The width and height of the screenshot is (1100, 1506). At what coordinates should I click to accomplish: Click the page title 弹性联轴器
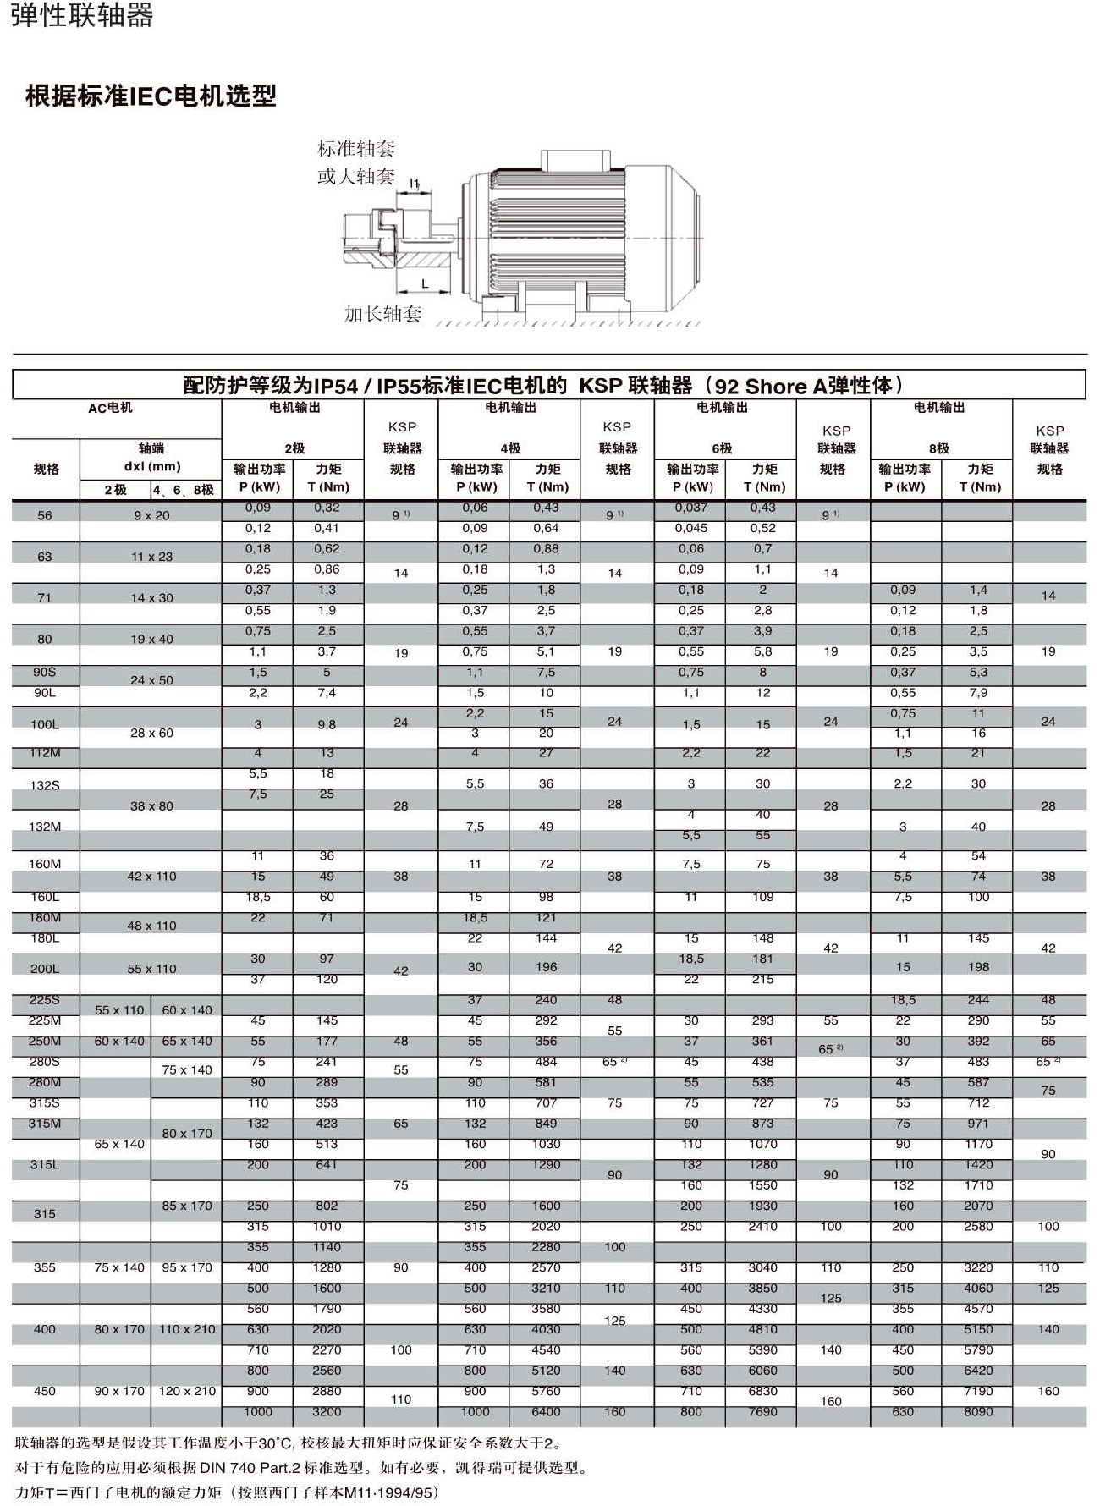click(x=82, y=15)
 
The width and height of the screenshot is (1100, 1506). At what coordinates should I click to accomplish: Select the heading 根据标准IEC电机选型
click(x=151, y=96)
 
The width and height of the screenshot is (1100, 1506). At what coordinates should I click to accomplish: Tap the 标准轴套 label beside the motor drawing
click(x=356, y=149)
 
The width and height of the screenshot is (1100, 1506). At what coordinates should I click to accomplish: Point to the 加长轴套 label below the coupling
click(x=382, y=314)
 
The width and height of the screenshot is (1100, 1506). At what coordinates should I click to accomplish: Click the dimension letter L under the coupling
click(x=425, y=284)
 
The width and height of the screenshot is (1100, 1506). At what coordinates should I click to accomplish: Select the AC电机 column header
click(x=110, y=408)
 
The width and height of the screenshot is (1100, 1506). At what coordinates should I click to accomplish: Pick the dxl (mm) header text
click(x=152, y=466)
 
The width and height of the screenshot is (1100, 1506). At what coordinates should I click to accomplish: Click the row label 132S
click(x=45, y=785)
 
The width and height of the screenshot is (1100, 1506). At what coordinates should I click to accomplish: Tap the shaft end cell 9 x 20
click(x=151, y=515)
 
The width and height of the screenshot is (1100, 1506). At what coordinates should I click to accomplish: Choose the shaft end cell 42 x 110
click(x=151, y=877)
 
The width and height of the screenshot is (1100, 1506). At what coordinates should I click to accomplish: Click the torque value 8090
click(x=978, y=1411)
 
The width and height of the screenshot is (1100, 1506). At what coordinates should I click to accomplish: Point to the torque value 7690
click(x=762, y=1411)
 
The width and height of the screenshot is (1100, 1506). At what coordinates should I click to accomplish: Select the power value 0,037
click(x=691, y=508)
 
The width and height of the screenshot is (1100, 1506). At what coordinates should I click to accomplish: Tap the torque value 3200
click(x=327, y=1411)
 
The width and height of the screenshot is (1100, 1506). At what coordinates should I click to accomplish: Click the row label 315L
click(x=45, y=1165)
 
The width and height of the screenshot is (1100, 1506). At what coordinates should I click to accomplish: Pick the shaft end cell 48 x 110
click(x=151, y=926)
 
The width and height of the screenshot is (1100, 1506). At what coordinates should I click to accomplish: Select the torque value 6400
click(x=546, y=1411)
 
